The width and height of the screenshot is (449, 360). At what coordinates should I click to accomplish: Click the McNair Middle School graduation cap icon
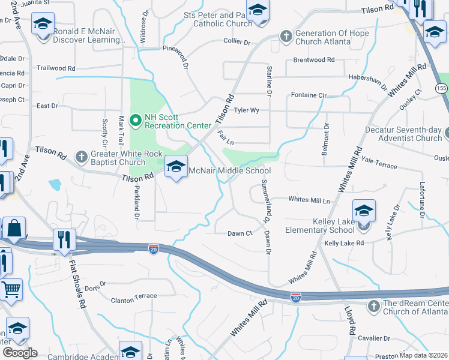click(176, 167)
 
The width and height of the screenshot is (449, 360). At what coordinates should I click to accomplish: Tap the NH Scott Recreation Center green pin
click(136, 121)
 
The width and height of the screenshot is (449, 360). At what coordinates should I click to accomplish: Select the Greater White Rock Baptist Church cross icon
click(82, 157)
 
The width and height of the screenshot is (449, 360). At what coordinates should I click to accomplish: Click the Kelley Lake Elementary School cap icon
click(364, 211)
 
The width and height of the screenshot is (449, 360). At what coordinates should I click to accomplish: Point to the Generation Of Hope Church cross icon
click(286, 37)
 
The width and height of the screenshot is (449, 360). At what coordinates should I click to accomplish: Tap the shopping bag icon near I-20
click(14, 229)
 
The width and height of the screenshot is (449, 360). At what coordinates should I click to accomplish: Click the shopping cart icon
click(10, 290)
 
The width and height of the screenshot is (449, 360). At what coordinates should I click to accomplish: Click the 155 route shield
click(441, 88)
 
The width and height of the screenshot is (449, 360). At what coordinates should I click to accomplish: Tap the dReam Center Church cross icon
click(373, 307)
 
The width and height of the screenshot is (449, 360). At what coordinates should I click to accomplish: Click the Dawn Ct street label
click(240, 233)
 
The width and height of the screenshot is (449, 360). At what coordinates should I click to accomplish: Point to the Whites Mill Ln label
click(309, 199)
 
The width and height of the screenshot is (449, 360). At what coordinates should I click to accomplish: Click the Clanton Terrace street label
click(134, 296)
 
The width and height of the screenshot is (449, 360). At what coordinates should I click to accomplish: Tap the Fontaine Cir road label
click(308, 95)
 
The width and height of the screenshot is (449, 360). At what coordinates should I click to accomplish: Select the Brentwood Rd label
click(313, 60)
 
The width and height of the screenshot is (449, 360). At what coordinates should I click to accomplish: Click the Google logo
click(20, 353)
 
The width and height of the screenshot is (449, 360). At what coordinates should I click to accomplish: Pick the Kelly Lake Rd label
click(344, 243)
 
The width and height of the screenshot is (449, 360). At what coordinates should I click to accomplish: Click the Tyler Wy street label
click(246, 110)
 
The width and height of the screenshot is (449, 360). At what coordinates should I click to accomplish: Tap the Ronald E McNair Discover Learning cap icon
click(43, 25)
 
